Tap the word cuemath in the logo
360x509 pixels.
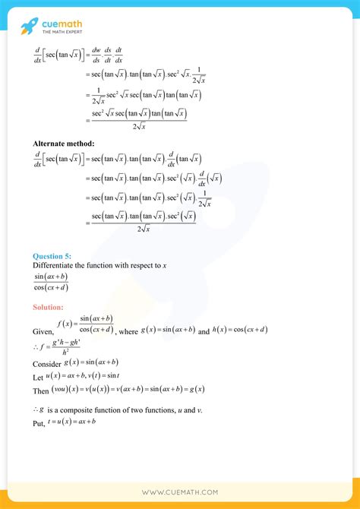point(62,24)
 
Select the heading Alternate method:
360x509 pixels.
point(65,142)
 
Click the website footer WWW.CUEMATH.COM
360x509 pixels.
point(180,493)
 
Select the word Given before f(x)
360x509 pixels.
point(44,332)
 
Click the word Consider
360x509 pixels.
point(48,365)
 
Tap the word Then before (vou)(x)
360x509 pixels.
point(41,390)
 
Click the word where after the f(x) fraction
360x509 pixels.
point(129,331)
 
